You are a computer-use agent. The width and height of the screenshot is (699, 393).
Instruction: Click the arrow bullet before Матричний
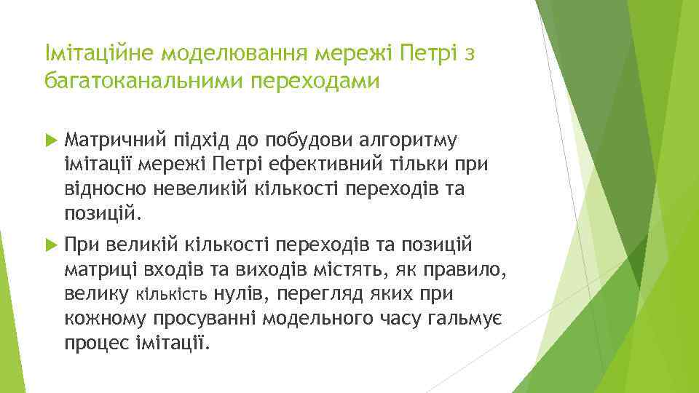(50, 139)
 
